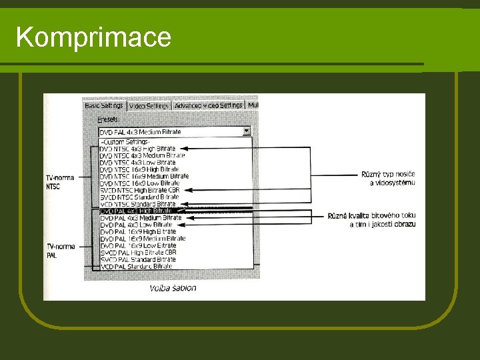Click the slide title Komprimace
coord(93,37)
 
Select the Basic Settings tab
coord(103,105)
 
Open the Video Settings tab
coord(149,105)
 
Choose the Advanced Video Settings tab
coord(209,105)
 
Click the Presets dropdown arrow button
coord(247,132)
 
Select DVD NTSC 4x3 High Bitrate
coord(138,149)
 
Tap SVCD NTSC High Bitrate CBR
coord(140,190)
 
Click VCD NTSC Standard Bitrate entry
coord(138,204)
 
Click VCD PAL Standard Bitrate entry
coord(136,267)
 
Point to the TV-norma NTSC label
coord(61,182)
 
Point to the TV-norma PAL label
coord(59,251)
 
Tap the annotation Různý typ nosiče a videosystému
coord(388,178)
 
